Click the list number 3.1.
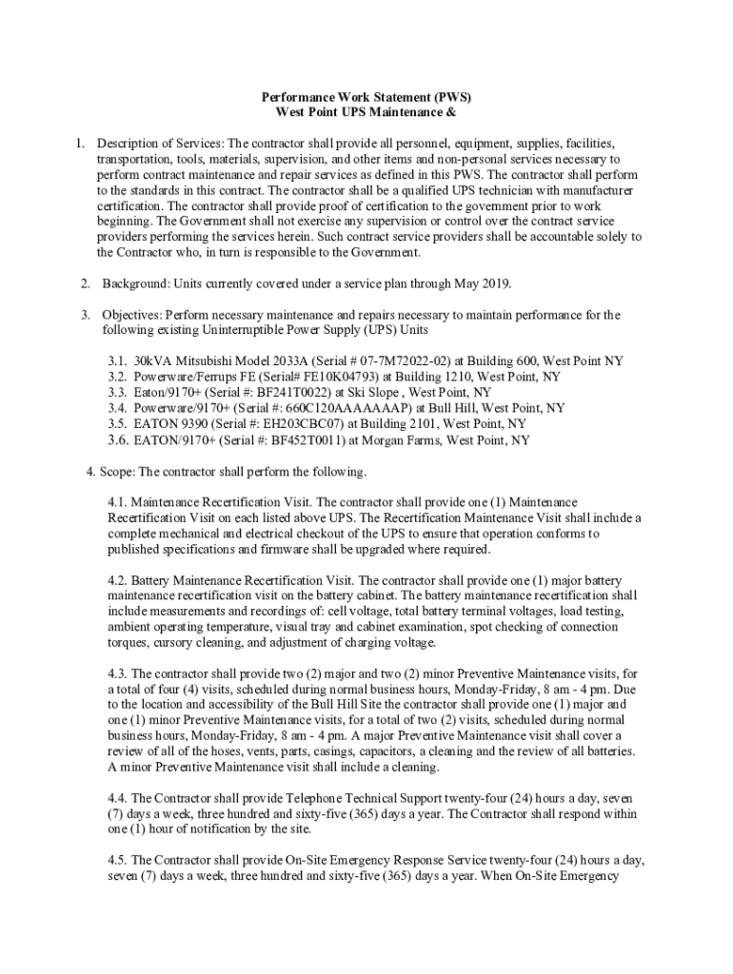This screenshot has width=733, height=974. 117,361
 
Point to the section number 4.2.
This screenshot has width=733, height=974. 118,580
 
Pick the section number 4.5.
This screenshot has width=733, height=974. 118,860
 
